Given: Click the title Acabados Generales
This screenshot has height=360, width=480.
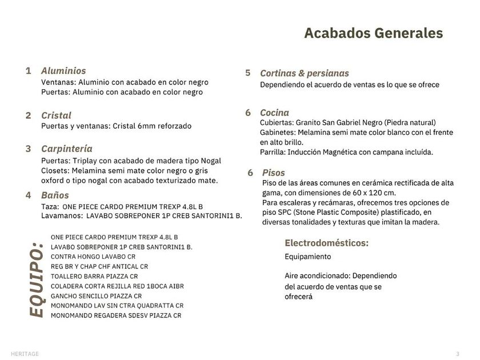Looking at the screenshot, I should coord(373,33).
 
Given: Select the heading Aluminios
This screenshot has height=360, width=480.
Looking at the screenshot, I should coord(63,71).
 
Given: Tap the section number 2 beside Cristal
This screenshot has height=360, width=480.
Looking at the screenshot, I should coord(28,115).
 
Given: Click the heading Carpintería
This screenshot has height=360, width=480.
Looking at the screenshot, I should coord(67,149).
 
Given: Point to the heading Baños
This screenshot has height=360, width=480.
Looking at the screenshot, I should coord(55,195).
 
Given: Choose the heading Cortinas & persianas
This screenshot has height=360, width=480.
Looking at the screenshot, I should coord(304,73).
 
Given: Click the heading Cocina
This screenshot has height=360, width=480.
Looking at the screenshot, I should coord(274,113).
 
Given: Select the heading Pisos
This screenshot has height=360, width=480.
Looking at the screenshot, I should coord(273,173).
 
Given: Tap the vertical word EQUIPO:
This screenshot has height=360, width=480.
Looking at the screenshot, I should coord(36,279).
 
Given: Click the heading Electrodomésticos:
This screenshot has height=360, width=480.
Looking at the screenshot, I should coord(326,243).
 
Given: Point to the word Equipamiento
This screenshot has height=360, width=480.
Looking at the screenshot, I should coord(307,257).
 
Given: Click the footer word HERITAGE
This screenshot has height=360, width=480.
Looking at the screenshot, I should coord(25,354).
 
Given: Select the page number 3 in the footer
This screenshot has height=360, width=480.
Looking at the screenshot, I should coord(458,354).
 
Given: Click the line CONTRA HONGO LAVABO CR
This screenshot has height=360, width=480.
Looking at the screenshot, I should coord(93,257).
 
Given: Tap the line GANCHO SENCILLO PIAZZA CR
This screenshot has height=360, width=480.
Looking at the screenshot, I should coord(96,296).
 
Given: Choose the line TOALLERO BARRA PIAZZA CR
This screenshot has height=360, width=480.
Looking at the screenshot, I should coord(94,276).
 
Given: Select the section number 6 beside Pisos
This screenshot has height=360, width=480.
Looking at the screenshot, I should coord(250,173).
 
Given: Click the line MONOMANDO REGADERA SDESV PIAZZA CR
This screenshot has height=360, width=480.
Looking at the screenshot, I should coord(115,315).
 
